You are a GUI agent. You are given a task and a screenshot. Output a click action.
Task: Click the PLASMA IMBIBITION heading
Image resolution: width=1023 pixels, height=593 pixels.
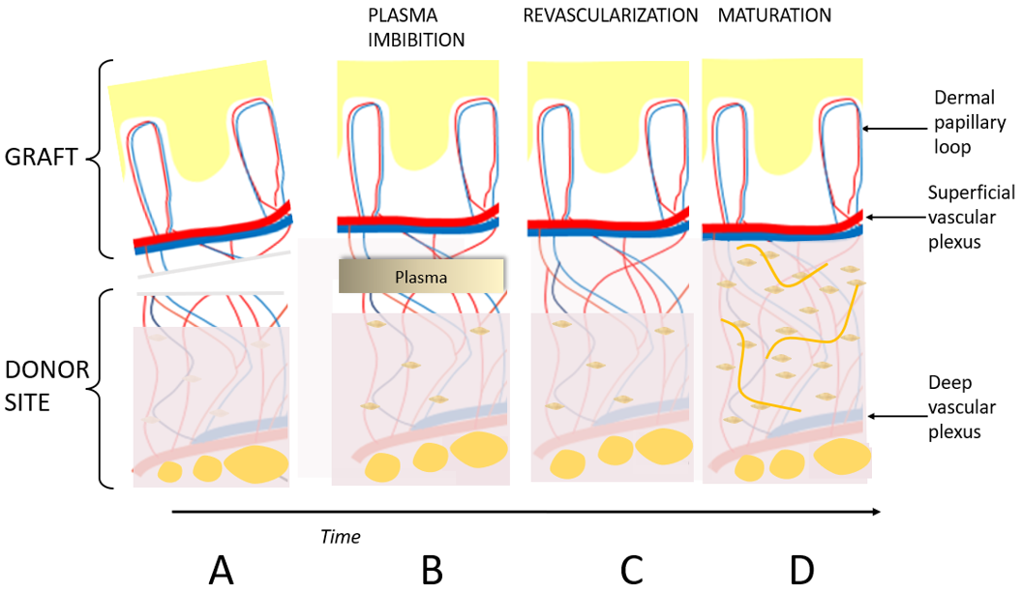(416, 28)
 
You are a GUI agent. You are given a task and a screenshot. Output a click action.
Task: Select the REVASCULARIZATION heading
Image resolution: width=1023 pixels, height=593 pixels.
(610, 16)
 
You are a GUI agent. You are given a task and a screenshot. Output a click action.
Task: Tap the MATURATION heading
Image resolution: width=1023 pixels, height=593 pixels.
(773, 16)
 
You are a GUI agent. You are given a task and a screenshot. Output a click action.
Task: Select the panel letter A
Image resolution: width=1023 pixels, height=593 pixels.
(221, 570)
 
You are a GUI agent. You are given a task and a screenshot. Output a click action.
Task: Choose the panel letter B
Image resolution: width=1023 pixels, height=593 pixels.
(432, 570)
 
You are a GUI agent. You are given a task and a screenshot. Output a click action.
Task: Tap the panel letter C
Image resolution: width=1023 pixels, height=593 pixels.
(631, 570)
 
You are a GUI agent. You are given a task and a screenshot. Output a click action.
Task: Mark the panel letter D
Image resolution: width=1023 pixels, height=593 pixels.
(801, 570)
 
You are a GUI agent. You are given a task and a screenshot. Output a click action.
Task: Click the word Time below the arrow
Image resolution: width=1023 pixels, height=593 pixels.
(340, 535)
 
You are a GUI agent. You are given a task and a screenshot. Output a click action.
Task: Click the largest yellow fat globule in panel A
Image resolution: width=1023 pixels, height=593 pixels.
(256, 463)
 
